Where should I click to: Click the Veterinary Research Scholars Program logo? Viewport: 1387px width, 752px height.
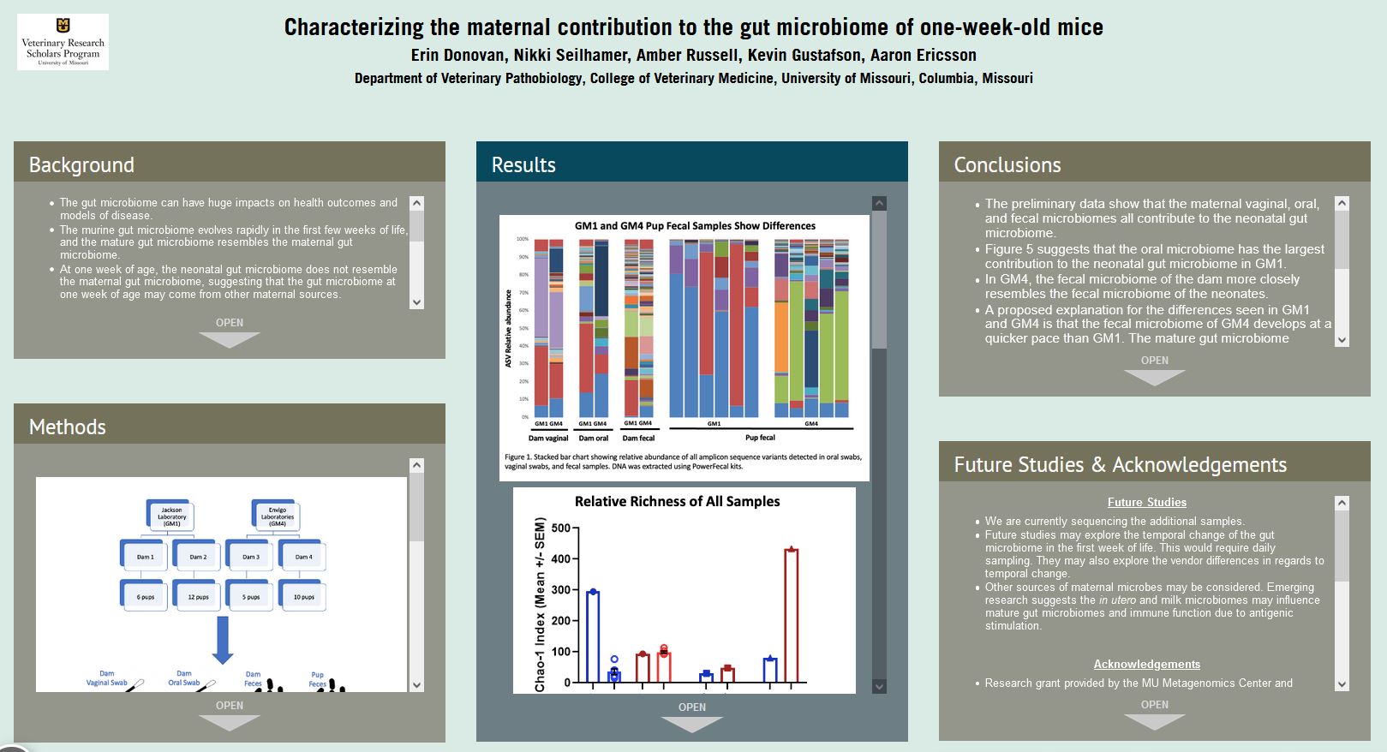pyautogui.click(x=63, y=42)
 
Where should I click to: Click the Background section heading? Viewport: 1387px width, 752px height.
pyautogui.click(x=81, y=164)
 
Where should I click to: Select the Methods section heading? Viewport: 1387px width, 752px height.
pyautogui.click(x=67, y=427)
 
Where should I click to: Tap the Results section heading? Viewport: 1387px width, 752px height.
pyautogui.click(x=523, y=164)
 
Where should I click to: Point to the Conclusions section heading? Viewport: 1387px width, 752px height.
pyautogui.click(x=1007, y=164)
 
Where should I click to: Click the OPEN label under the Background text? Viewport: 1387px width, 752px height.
pyautogui.click(x=230, y=323)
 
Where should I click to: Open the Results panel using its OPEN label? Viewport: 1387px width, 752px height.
pyautogui.click(x=692, y=707)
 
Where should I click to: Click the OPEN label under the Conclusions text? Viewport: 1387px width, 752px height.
pyautogui.click(x=1155, y=361)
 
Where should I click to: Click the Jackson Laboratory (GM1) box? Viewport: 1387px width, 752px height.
pyautogui.click(x=171, y=516)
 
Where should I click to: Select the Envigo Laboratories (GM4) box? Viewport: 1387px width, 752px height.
pyautogui.click(x=277, y=516)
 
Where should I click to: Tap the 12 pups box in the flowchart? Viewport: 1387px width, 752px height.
pyautogui.click(x=198, y=596)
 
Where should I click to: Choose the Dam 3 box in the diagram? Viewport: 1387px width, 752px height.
pyautogui.click(x=251, y=557)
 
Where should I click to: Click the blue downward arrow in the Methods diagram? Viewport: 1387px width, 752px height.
pyautogui.click(x=223, y=640)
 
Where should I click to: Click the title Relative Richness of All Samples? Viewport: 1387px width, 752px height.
pyautogui.click(x=677, y=501)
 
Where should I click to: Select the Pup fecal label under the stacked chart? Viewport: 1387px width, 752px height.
pyautogui.click(x=760, y=438)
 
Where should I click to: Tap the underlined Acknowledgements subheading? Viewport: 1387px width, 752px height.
pyautogui.click(x=1146, y=664)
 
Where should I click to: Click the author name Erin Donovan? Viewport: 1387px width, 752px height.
pyautogui.click(x=459, y=56)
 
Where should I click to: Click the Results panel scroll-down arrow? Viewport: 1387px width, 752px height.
pyautogui.click(x=879, y=686)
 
